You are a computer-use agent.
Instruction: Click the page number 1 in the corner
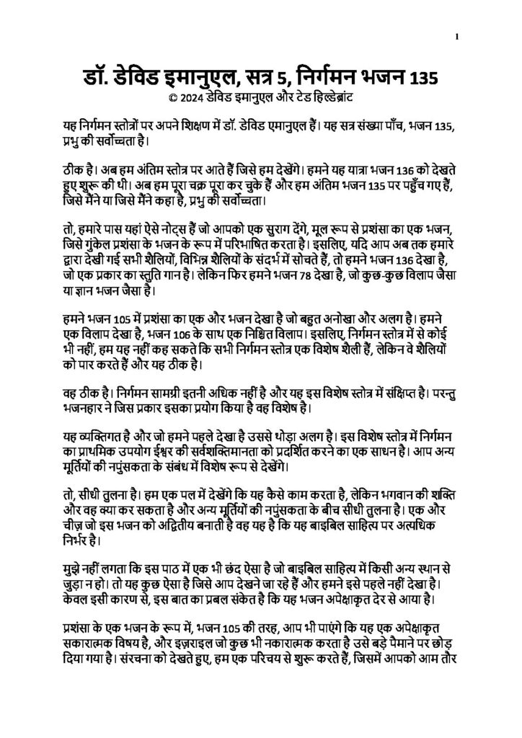[457, 37]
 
